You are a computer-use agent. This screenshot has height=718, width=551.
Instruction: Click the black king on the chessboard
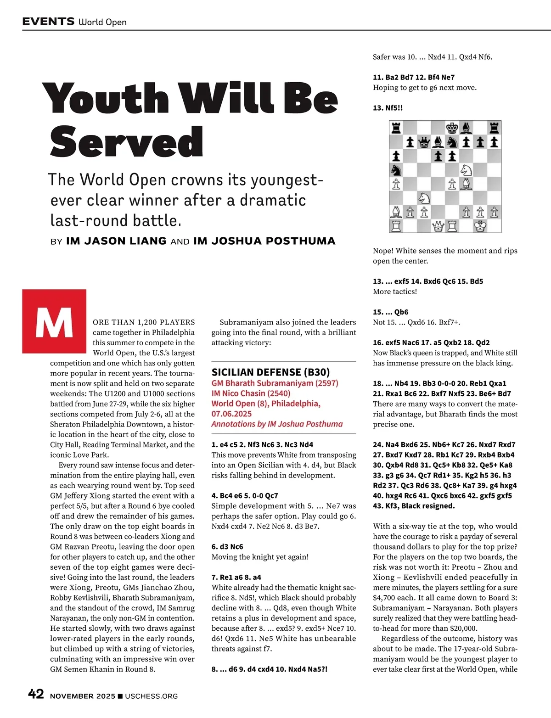click(x=452, y=128)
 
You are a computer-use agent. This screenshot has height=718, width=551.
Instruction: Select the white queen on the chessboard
click(x=439, y=226)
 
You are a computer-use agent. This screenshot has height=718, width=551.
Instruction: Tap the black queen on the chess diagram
click(x=424, y=142)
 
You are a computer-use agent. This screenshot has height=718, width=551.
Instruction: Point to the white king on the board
click(x=480, y=226)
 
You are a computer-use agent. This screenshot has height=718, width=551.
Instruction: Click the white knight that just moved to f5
click(x=467, y=170)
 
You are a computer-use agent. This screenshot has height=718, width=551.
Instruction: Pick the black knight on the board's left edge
click(x=396, y=170)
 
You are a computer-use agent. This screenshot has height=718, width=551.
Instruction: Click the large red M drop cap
click(x=54, y=321)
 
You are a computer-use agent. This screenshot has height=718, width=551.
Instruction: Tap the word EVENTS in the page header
click(x=48, y=22)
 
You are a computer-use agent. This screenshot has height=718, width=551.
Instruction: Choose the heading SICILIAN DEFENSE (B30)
click(x=270, y=372)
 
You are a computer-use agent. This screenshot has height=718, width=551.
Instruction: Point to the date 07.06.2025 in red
click(x=231, y=414)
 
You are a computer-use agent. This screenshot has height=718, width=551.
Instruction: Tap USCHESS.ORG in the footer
click(x=151, y=696)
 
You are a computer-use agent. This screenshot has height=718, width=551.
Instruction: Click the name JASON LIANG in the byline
click(x=116, y=241)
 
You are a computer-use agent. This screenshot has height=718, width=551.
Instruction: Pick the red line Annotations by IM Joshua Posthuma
click(x=277, y=424)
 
